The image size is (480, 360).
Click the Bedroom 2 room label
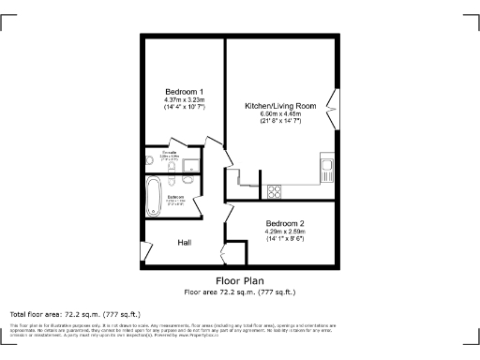(284, 223)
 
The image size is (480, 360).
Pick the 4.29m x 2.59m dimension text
(284, 232)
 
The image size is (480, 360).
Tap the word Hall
(185, 243)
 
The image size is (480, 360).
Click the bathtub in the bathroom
(154, 198)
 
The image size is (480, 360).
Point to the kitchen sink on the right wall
(327, 171)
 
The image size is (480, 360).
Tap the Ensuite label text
(170, 152)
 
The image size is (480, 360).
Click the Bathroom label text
(176, 197)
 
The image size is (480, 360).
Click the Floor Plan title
(239, 280)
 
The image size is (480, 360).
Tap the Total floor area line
(75, 313)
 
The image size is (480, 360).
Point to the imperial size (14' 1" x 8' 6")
(284, 239)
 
